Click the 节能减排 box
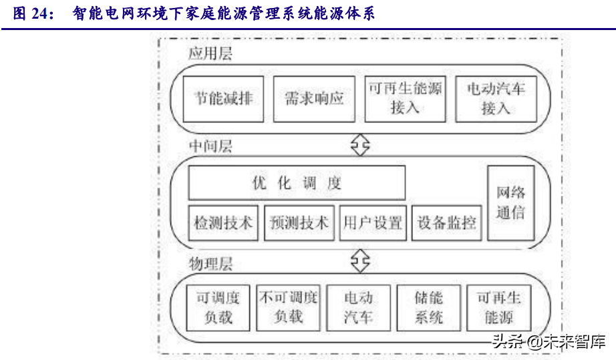coord(224,99)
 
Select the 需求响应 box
coord(314,99)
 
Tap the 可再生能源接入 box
coord(405,99)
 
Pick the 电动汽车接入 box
coord(496,99)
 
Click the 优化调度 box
coord(297,183)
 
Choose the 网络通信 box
coord(511,202)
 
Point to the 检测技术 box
coord(223,223)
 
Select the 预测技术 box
coord(299,223)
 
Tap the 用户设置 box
coord(373,223)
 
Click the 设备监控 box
coord(447,223)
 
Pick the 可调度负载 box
coord(218,308)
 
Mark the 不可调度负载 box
coord(289,308)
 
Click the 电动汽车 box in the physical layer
coord(358,308)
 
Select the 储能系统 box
coord(429,308)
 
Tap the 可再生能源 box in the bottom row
coord(499,308)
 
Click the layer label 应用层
coord(210,54)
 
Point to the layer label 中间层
coord(210,146)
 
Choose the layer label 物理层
coord(210,264)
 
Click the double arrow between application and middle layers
coord(360,145)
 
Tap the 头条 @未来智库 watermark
coord(549,341)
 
